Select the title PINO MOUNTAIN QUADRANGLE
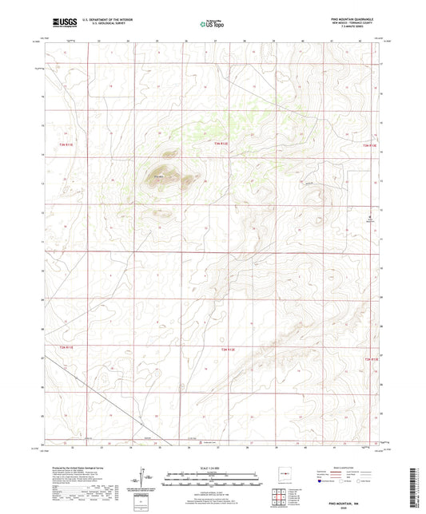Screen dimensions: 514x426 pyautogui.click(x=351, y=19)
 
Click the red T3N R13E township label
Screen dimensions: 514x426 pyautogui.click(x=369, y=145)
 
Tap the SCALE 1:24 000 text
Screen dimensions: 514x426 pyautogui.click(x=213, y=469)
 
